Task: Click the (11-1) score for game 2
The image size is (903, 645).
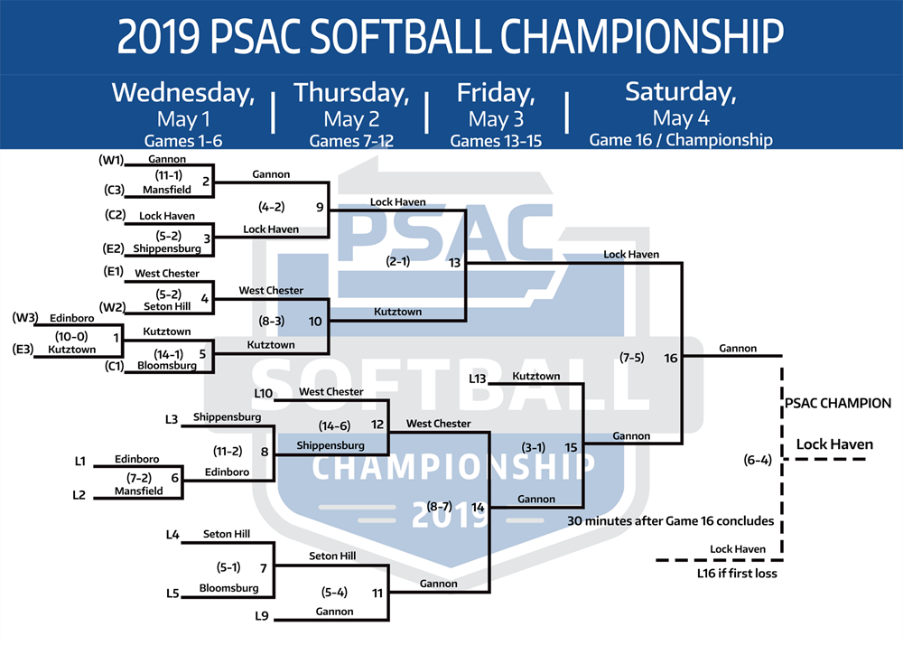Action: point(168,175)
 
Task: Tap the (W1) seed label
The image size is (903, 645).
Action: point(111,160)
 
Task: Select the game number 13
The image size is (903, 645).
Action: point(454,263)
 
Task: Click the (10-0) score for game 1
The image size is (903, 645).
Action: point(71,336)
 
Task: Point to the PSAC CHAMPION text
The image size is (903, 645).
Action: point(838,403)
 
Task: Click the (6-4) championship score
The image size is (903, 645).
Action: point(758,460)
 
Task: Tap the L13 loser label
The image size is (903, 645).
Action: point(478,379)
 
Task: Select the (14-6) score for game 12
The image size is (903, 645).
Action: point(334,425)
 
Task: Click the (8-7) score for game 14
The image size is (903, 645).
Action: point(439,506)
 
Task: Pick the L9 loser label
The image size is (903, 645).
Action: point(262,615)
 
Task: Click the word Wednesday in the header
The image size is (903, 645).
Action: point(183,93)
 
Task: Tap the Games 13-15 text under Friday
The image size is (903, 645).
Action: point(496,141)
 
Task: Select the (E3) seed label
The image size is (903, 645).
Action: point(23,349)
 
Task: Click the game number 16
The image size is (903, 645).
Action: point(670,359)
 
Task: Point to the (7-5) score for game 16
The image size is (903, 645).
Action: point(632,358)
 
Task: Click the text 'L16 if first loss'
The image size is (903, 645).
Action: point(737,573)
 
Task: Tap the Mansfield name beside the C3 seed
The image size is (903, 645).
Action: point(167,190)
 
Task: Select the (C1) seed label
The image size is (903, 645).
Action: point(114,365)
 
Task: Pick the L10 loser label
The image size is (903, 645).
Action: point(263,393)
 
